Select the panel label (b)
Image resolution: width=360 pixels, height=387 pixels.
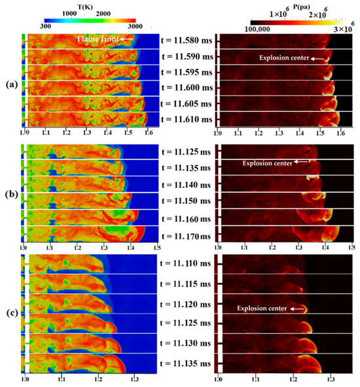coord(9,193)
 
